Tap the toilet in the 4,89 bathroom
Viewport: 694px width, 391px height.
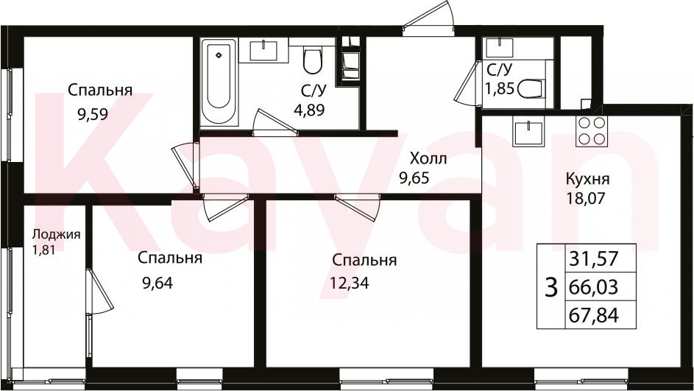(313, 60)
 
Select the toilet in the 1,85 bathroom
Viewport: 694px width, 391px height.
(530, 89)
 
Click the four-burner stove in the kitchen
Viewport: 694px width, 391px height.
(591, 131)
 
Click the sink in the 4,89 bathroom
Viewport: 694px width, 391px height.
(263, 51)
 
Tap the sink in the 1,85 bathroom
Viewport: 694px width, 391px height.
(499, 47)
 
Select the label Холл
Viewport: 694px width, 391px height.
(428, 158)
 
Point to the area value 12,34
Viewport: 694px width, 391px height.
(350, 282)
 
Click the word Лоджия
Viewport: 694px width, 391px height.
(57, 234)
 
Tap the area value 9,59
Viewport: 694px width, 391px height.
(93, 115)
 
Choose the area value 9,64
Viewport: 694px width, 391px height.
(157, 282)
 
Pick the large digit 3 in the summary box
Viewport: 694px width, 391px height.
(550, 287)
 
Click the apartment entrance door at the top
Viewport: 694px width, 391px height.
(429, 18)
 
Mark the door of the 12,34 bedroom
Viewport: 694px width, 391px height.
(358, 207)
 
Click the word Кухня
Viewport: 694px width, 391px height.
(587, 180)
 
